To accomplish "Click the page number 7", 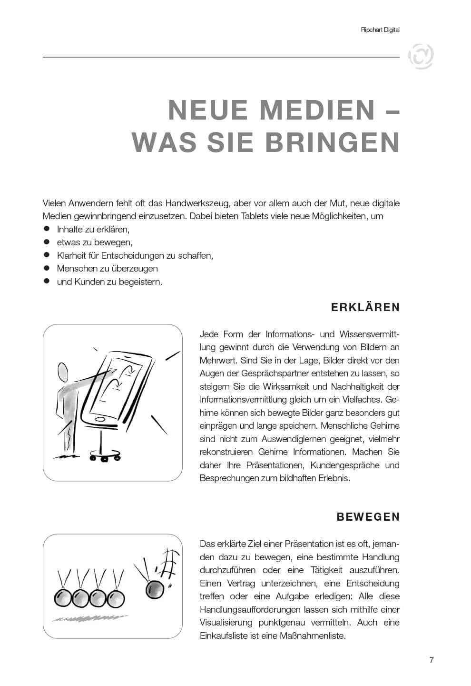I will click(432, 660).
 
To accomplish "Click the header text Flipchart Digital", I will click(380, 30).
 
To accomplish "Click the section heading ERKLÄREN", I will click(365, 307).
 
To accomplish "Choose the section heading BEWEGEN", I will click(368, 517).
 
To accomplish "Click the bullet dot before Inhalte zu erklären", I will click(47, 229).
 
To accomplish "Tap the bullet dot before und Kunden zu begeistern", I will click(47, 282).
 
